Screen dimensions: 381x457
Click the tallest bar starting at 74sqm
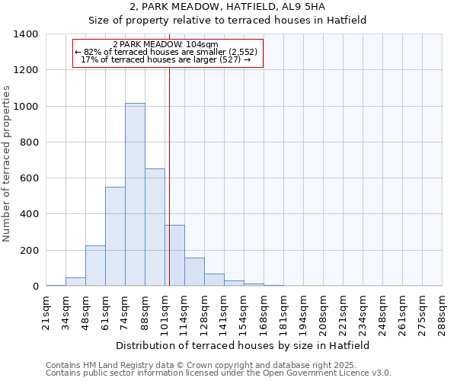(135, 194)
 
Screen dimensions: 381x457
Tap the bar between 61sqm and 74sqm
(115, 236)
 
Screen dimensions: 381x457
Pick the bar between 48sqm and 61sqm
(95, 266)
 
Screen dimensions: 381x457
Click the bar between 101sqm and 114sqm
(174, 255)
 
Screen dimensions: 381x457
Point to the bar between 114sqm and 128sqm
(194, 272)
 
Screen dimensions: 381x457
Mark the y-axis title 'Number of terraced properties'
(8, 164)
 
